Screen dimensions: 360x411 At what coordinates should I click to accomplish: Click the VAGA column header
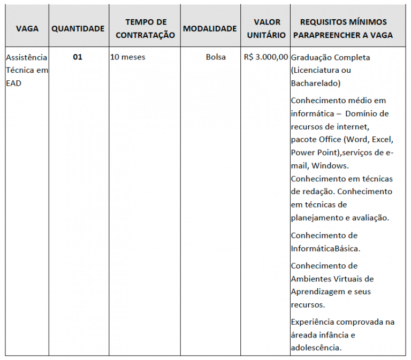coord(27,28)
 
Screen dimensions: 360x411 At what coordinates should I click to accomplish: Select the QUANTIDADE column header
coord(78,28)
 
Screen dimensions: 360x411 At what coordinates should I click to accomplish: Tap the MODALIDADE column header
coord(210,28)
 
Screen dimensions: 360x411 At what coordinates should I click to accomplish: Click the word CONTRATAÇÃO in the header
coord(145,35)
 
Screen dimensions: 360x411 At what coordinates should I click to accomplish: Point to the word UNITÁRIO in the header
coord(267,35)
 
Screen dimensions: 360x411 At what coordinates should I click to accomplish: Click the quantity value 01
coord(78,57)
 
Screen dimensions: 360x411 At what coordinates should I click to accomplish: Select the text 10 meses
coord(127,57)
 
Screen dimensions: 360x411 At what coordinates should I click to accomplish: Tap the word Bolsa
coord(216,57)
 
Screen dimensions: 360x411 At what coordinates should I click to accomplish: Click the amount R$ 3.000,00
coord(266,57)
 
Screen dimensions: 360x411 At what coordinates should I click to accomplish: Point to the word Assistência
coord(27,57)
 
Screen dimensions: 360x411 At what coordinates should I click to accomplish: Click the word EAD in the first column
coord(14,83)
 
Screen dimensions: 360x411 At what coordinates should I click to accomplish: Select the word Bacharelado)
coord(316,83)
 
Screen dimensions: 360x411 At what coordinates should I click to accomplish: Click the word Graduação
coord(310,57)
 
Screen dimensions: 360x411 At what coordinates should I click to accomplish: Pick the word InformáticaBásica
coord(325,249)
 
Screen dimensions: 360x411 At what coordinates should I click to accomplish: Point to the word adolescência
coord(316,348)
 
